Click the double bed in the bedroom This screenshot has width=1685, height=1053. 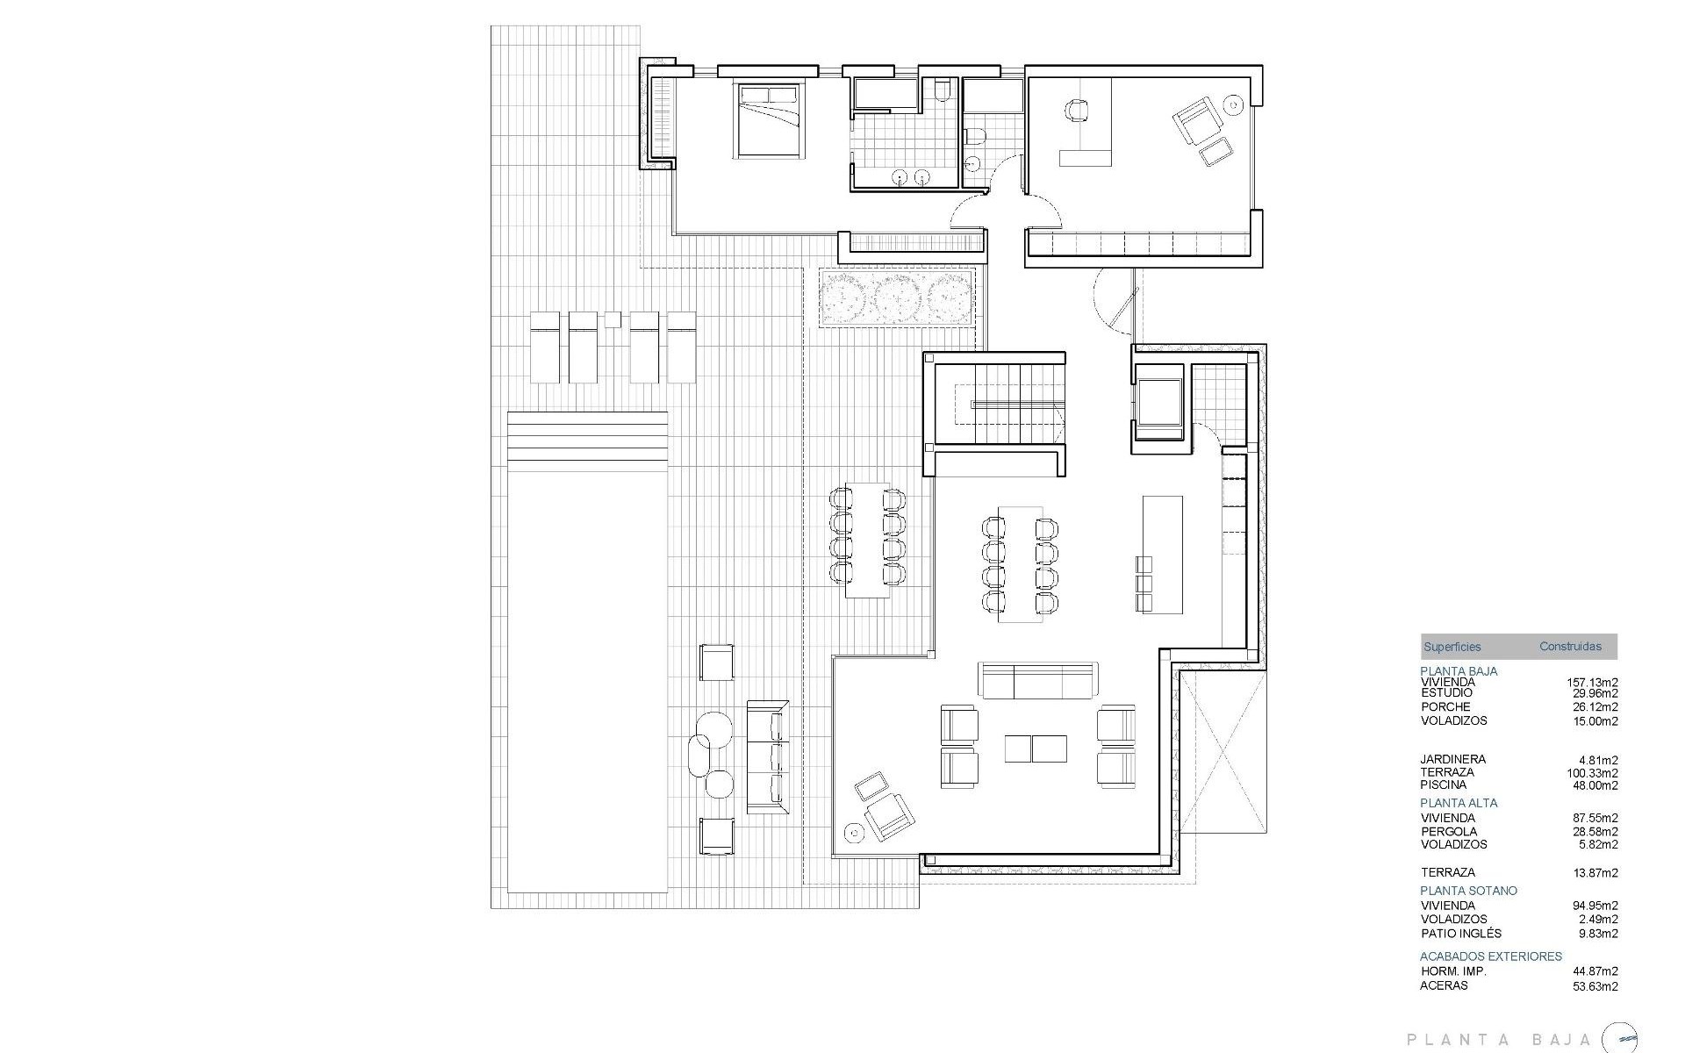769,120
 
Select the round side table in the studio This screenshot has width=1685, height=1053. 1233,105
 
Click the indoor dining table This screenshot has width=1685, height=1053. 1020,563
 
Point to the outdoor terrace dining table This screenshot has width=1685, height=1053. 867,540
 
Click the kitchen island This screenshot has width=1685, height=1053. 1162,555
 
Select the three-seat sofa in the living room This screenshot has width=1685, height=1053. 1038,681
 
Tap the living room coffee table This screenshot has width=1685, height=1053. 1036,749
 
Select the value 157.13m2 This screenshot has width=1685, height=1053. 1592,682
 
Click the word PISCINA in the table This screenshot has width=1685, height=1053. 1444,785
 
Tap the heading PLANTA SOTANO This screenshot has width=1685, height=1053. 1468,890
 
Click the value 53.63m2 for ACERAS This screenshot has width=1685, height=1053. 1592,985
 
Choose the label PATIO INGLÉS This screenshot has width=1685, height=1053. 1461,934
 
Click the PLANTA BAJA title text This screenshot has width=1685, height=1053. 1498,1040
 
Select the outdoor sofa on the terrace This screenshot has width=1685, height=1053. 765,756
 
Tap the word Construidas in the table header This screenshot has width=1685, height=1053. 1570,647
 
